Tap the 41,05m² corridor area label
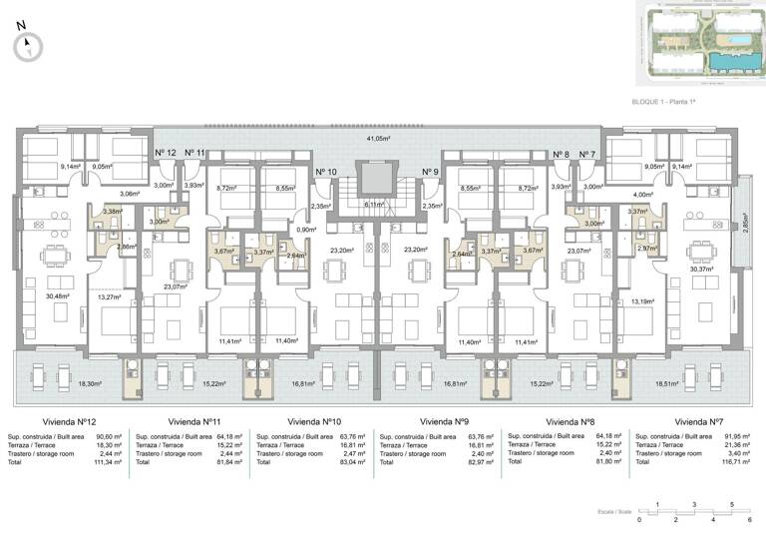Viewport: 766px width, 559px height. click(378, 139)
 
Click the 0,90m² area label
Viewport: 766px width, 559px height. click(306, 230)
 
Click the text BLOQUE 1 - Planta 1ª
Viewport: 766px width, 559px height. click(663, 102)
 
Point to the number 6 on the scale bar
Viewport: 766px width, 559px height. click(749, 520)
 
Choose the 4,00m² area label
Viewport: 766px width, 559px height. click(644, 195)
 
